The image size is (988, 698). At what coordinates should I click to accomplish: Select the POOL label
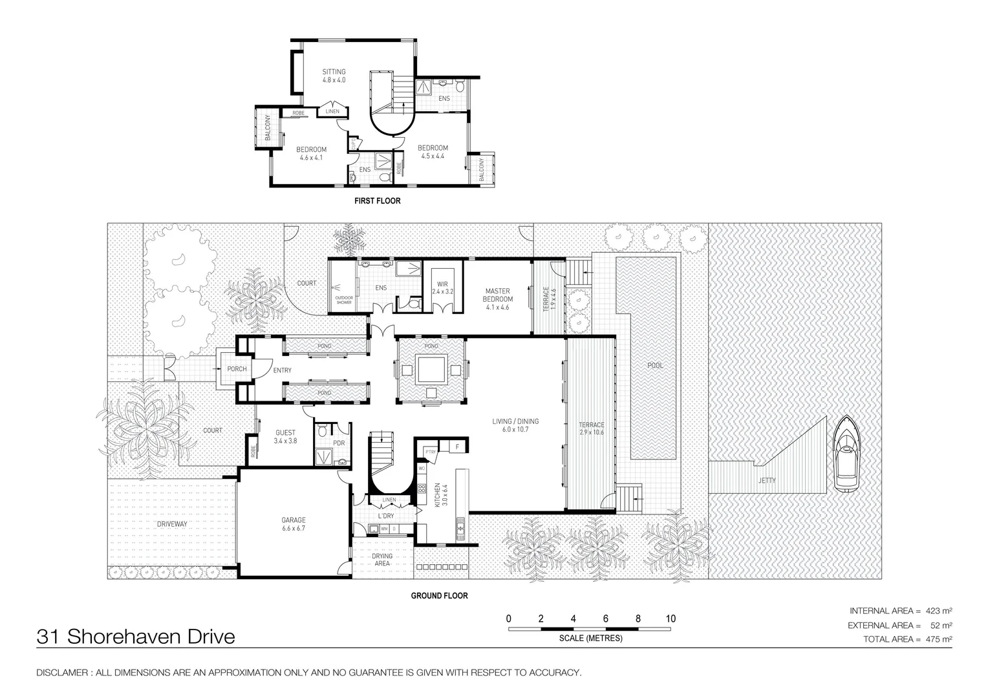pyautogui.click(x=655, y=366)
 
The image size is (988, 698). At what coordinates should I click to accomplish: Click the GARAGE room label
pyautogui.click(x=294, y=524)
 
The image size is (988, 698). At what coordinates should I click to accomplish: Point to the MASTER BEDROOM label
pyautogui.click(x=497, y=299)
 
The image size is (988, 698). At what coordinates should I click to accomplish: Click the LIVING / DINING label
pyautogui.click(x=515, y=425)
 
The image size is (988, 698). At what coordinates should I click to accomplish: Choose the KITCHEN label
pyautogui.click(x=437, y=495)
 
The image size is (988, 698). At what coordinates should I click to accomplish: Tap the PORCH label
pyautogui.click(x=237, y=369)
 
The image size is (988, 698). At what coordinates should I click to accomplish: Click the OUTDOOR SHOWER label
pyautogui.click(x=344, y=300)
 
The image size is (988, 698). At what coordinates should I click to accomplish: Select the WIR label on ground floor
pyautogui.click(x=442, y=288)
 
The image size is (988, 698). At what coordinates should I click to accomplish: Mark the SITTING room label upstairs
pyautogui.click(x=334, y=76)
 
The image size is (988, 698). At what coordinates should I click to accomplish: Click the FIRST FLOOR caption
pyautogui.click(x=378, y=201)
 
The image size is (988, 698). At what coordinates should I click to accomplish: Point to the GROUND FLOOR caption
pyautogui.click(x=439, y=596)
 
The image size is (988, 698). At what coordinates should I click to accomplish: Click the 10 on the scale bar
pyautogui.click(x=671, y=619)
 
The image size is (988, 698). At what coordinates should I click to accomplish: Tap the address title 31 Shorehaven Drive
pyautogui.click(x=136, y=637)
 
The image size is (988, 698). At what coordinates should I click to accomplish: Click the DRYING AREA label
pyautogui.click(x=382, y=560)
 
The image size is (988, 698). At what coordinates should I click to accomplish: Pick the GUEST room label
pyautogui.click(x=285, y=437)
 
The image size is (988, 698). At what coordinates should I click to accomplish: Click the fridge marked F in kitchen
pyautogui.click(x=458, y=446)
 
